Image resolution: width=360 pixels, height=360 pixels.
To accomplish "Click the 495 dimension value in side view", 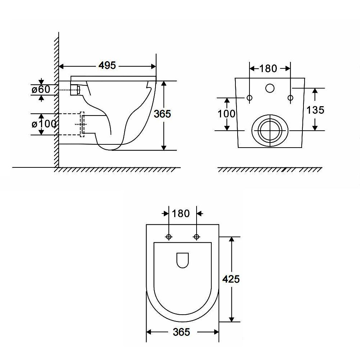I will pyautogui.click(x=107, y=66).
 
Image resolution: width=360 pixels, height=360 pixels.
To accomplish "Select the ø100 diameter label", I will pyautogui.click(x=44, y=124).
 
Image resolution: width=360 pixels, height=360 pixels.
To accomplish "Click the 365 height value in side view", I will pyautogui.click(x=162, y=114).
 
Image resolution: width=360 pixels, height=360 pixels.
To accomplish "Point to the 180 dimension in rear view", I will pyautogui.click(x=268, y=68).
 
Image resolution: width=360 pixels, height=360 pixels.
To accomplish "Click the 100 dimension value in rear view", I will pyautogui.click(x=226, y=114).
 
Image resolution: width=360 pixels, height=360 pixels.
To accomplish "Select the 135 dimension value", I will pyautogui.click(x=315, y=110).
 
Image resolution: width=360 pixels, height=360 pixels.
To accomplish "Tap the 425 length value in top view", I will pyautogui.click(x=231, y=279).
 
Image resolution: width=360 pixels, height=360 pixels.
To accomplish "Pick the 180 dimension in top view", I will pyautogui.click(x=181, y=213).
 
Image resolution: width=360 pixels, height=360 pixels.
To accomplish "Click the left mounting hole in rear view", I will pyautogui.click(x=249, y=98).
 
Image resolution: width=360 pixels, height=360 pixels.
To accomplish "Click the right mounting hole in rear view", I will pyautogui.click(x=291, y=98).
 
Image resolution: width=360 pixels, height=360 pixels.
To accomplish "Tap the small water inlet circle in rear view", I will pyautogui.click(x=270, y=87).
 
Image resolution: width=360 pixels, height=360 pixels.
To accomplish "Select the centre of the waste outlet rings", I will pyautogui.click(x=270, y=130).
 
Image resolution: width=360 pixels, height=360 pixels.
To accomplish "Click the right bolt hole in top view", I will pyautogui.click(x=197, y=237).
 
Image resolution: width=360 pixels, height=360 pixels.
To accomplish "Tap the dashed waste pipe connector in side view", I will pyautogui.click(x=82, y=124).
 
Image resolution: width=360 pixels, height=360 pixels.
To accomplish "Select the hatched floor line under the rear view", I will pyautogui.click(x=270, y=170).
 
